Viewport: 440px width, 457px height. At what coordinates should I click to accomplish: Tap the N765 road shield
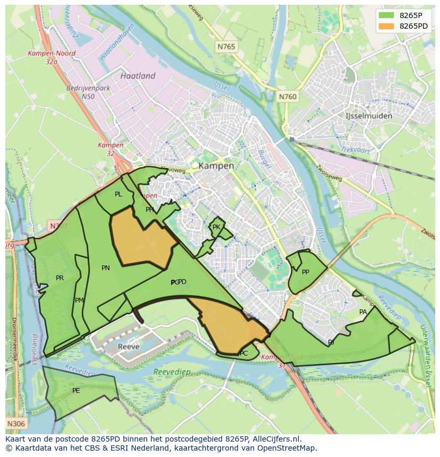pos(226,47)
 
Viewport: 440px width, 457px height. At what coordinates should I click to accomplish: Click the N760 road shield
pos(288,97)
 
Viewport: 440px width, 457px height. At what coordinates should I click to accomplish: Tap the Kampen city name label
pos(216,166)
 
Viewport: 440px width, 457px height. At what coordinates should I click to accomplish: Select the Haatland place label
pos(138,76)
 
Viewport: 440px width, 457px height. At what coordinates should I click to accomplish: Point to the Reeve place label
pos(129,347)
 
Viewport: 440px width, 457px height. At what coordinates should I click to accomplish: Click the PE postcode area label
pos(76,391)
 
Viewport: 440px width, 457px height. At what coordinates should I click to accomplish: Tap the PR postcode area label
pos(60,278)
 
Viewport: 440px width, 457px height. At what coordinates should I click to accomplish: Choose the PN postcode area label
pos(106,268)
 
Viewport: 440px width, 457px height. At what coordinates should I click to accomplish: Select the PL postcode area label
pos(118,194)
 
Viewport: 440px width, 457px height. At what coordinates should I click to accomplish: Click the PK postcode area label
pos(216,227)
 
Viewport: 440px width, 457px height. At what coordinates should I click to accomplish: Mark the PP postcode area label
pos(306,272)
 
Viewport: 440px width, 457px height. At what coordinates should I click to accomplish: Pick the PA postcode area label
pos(363,312)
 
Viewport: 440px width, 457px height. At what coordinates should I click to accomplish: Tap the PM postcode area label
pos(79,300)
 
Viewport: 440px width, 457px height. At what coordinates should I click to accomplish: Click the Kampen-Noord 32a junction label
pos(52,57)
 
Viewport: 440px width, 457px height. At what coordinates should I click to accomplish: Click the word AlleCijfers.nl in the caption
pos(276,439)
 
